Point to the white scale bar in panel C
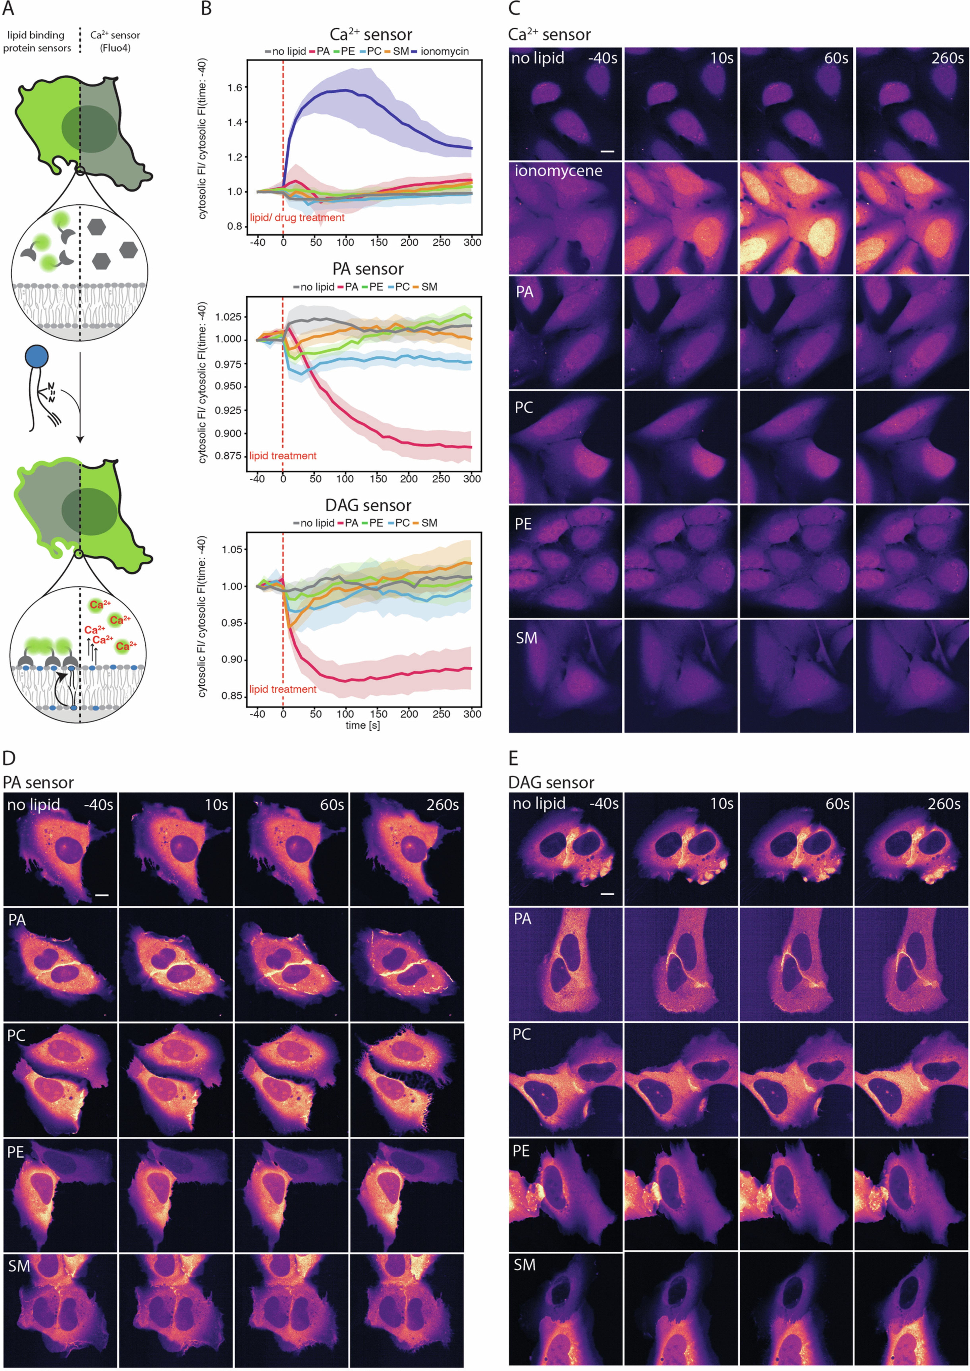click(x=607, y=151)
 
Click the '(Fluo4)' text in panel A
click(x=115, y=48)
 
